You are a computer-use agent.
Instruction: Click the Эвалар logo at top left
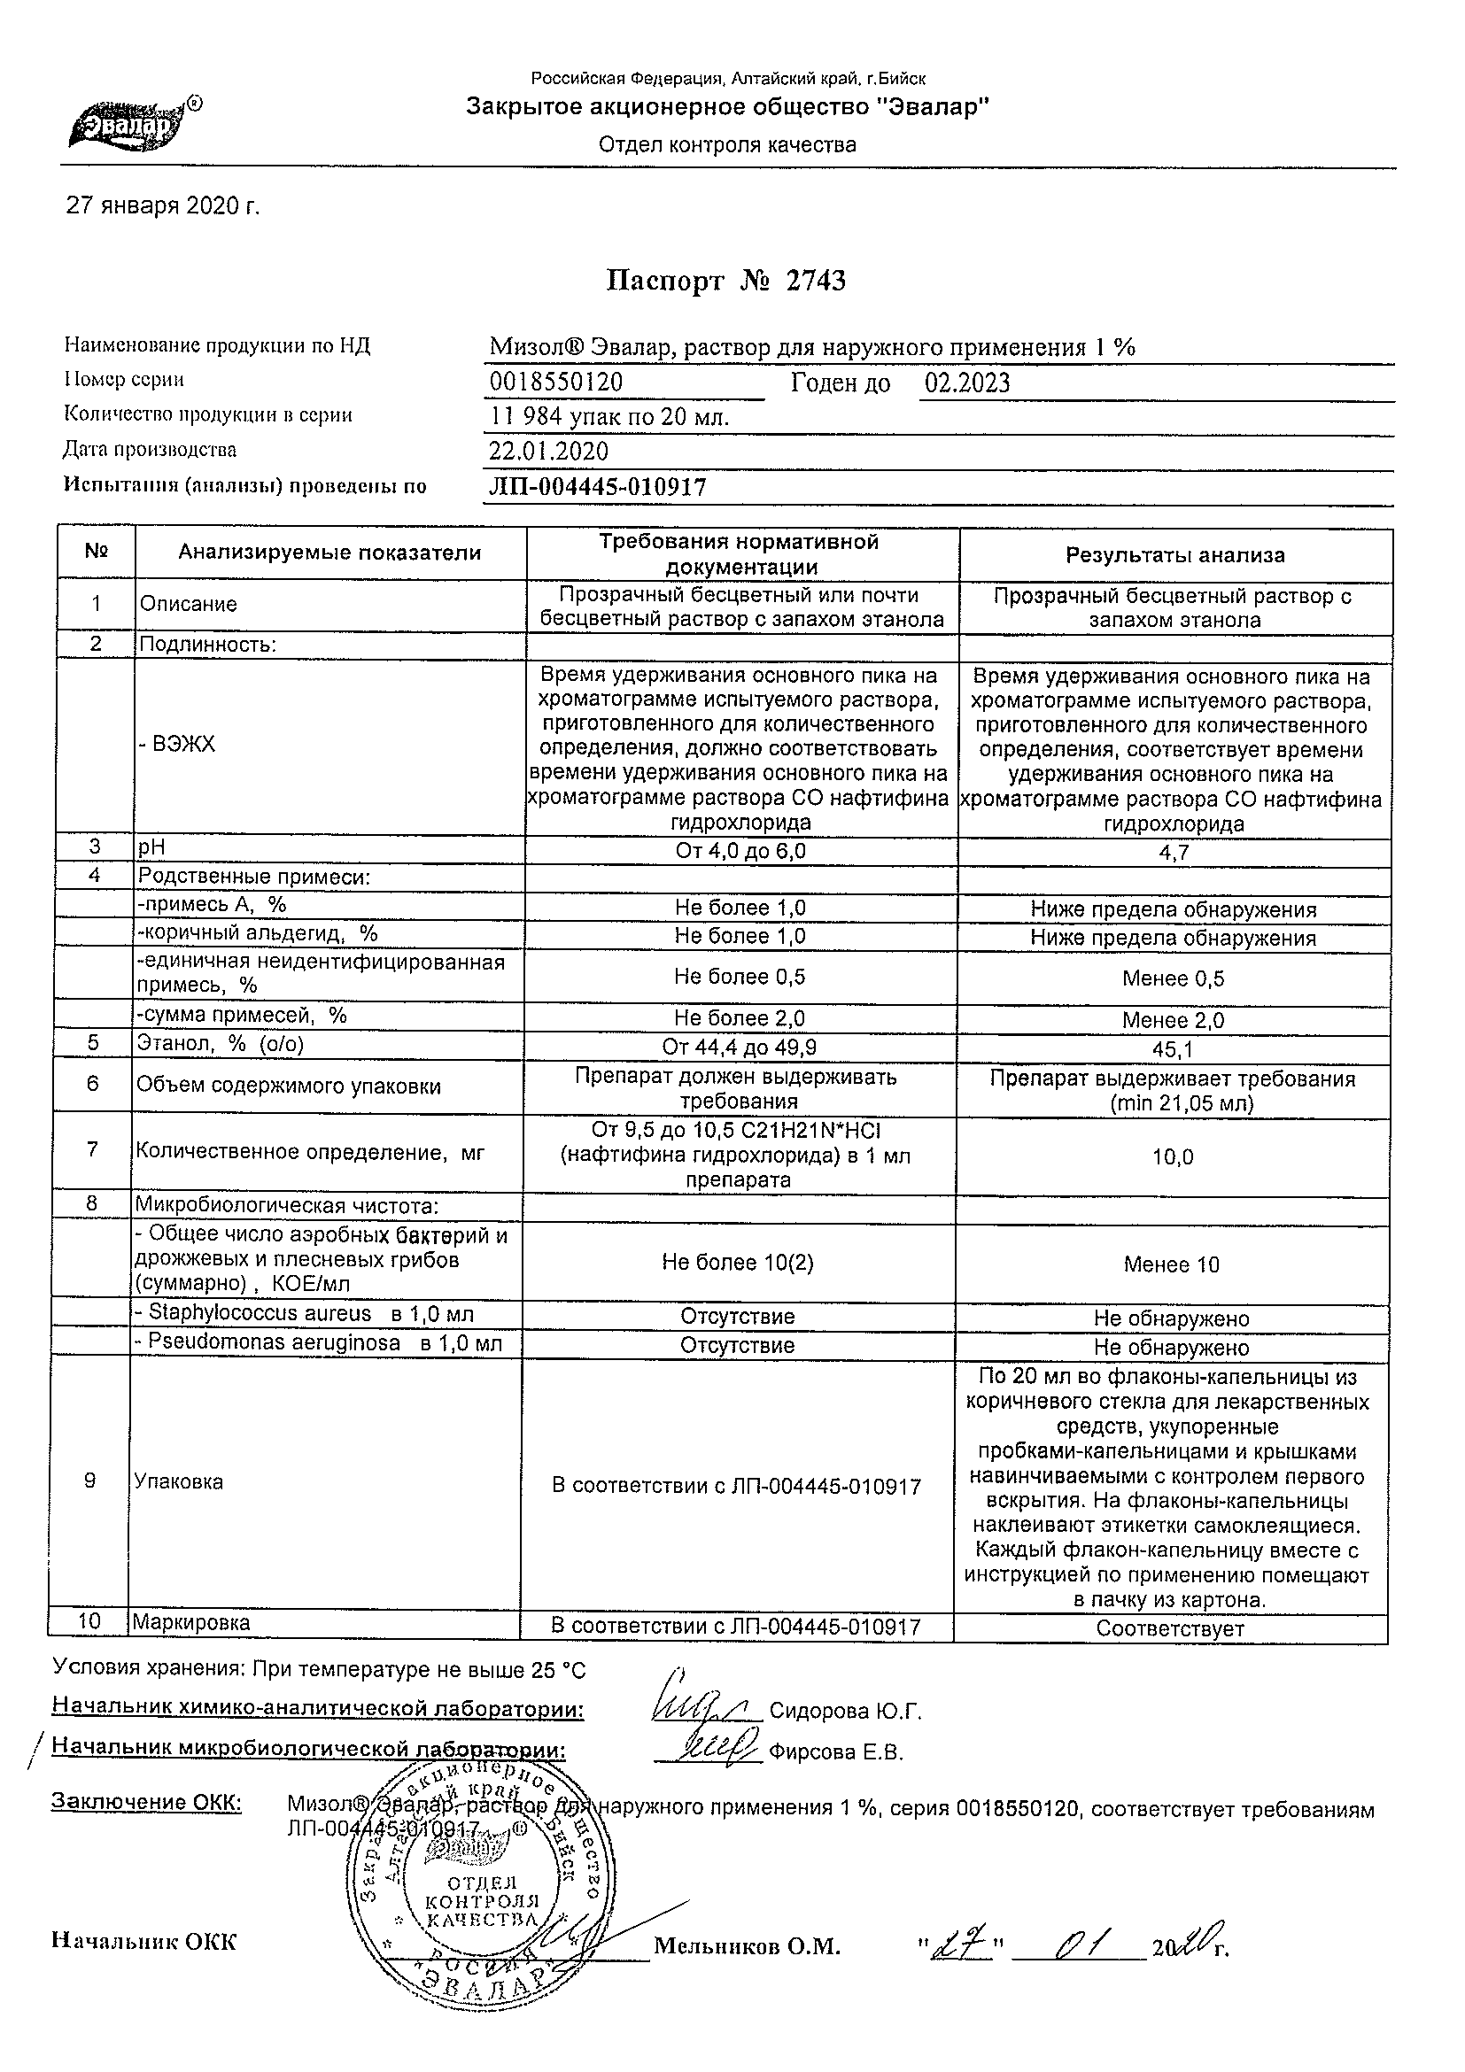click(x=134, y=125)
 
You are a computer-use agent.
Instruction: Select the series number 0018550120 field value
click(x=556, y=383)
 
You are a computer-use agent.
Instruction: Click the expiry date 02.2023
click(x=966, y=383)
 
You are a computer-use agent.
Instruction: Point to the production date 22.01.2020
click(x=549, y=451)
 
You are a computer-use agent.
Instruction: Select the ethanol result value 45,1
click(x=1174, y=1049)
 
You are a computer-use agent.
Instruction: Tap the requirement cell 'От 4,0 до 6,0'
click(x=740, y=852)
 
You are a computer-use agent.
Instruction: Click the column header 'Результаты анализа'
click(x=1175, y=556)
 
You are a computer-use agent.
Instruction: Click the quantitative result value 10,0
click(x=1174, y=1157)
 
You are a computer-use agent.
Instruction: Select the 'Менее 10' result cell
click(x=1172, y=1265)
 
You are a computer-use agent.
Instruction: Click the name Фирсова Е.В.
click(x=835, y=1752)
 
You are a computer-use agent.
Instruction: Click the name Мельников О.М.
click(x=747, y=1946)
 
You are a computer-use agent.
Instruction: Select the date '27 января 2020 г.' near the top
click(x=163, y=206)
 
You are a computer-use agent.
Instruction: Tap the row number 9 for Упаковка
click(x=89, y=1481)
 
